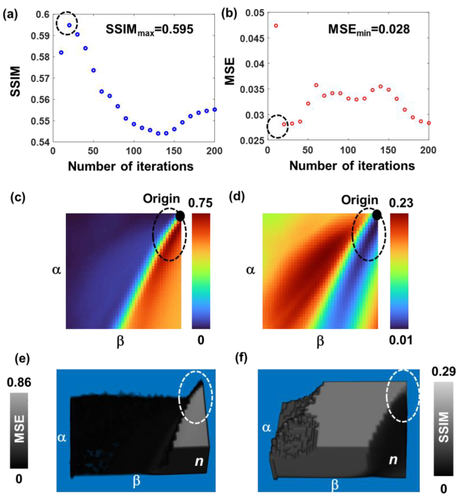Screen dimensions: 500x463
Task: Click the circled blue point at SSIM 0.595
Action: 69,25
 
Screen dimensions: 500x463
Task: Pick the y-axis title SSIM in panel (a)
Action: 16,81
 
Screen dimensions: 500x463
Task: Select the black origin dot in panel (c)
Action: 180,216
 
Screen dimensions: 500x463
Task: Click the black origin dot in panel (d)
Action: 377,215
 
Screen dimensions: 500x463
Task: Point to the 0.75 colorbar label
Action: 200,203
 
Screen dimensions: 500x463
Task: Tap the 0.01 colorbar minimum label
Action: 400,340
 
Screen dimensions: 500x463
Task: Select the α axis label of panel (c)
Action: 56,270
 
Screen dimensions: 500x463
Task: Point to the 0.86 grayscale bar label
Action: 19,383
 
